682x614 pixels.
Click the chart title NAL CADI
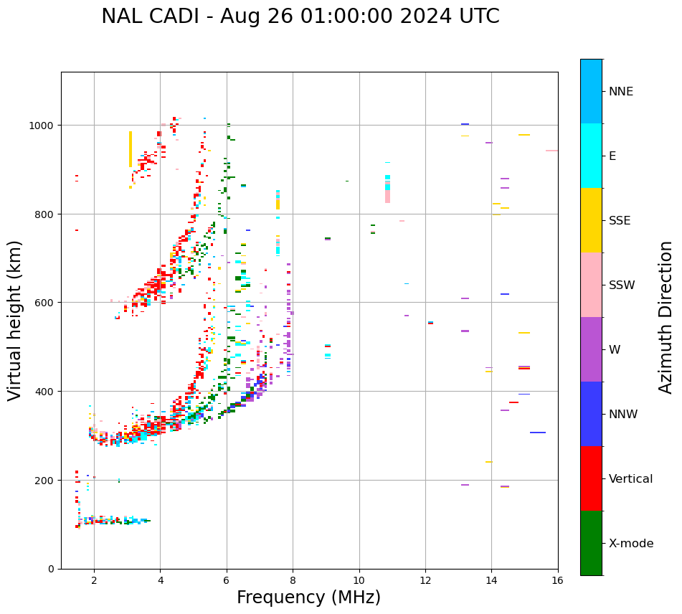[x=300, y=16]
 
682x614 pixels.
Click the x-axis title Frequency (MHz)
[x=308, y=598]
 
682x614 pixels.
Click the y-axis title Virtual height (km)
[x=16, y=321]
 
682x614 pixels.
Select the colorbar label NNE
[x=621, y=91]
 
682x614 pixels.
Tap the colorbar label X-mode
[x=631, y=544]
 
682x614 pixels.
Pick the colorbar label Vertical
[x=631, y=479]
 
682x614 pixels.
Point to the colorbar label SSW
[x=622, y=285]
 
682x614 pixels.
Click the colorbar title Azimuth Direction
[x=666, y=317]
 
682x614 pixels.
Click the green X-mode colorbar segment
[x=591, y=543]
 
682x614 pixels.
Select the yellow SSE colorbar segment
[x=591, y=220]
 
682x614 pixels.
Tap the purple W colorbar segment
[x=591, y=349]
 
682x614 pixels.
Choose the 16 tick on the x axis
[x=558, y=580]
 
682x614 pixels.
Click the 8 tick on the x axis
[x=293, y=580]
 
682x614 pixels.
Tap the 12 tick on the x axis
[x=425, y=580]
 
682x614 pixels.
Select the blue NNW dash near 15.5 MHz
[x=538, y=433]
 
